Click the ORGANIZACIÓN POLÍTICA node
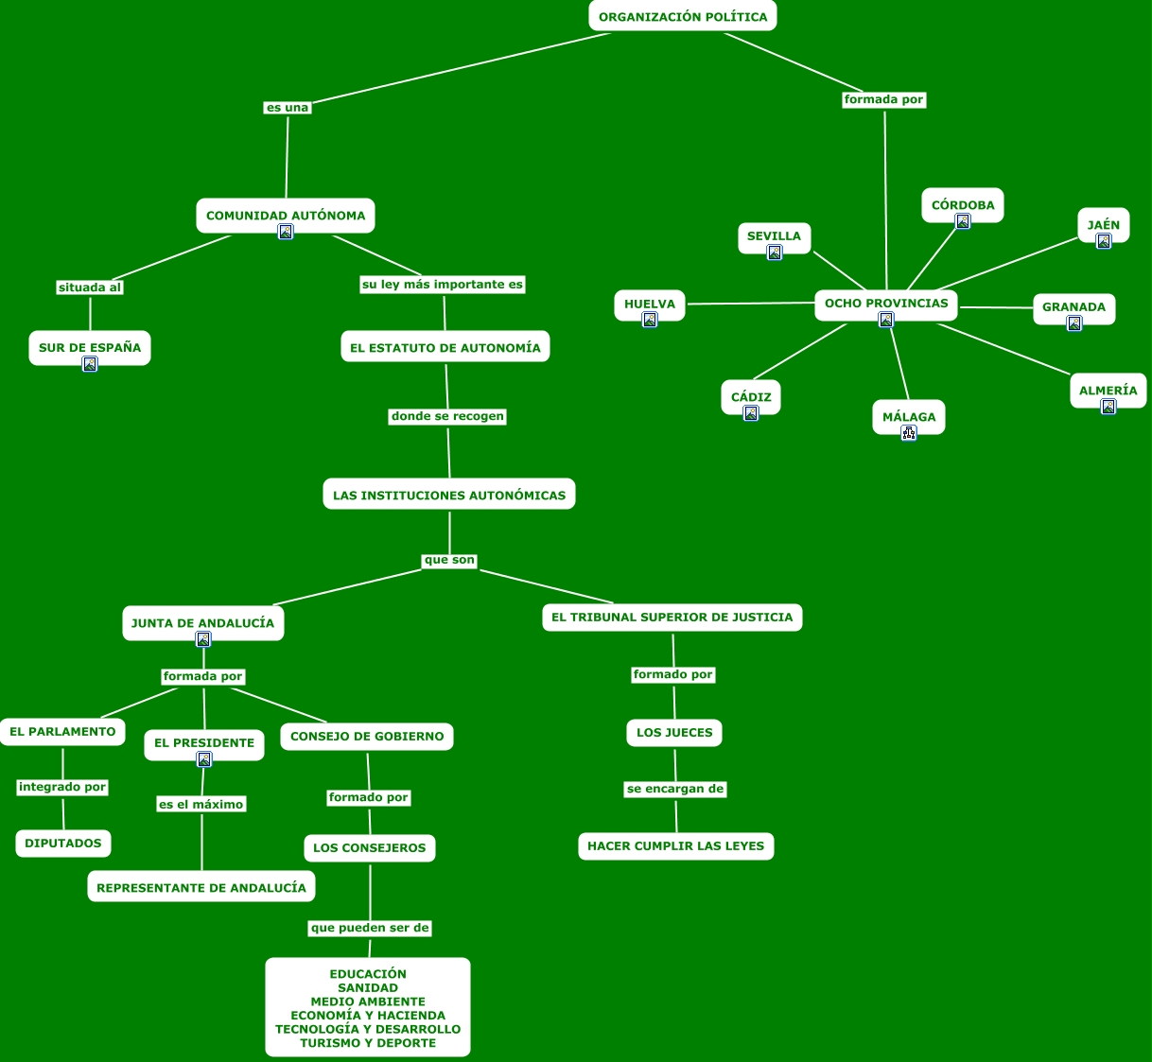(683, 16)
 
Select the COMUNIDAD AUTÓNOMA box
(286, 215)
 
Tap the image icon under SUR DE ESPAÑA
(90, 364)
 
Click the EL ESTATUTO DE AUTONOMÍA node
(445, 347)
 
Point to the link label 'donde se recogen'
(447, 416)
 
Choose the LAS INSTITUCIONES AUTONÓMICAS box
(449, 495)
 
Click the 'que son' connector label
(449, 560)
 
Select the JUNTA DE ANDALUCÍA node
(202, 622)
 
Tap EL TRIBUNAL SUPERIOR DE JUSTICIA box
(672, 618)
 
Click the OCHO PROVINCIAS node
(886, 304)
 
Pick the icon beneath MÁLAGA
(909, 433)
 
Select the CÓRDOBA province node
(963, 204)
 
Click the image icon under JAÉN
(1104, 241)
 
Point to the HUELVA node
(650, 304)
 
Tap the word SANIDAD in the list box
(368, 988)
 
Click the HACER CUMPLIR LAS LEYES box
(676, 846)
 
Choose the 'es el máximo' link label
(201, 805)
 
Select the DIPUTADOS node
(63, 844)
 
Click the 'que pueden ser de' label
(370, 928)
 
